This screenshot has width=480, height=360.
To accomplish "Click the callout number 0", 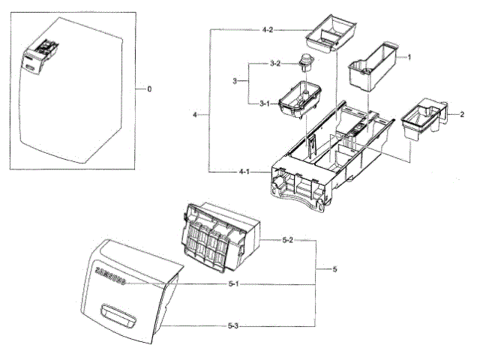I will coord(148,89).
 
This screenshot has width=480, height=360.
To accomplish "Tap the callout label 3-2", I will coord(275,64).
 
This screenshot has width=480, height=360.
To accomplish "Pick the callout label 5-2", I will coord(287,241).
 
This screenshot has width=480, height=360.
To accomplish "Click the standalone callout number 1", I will coord(409,57).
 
